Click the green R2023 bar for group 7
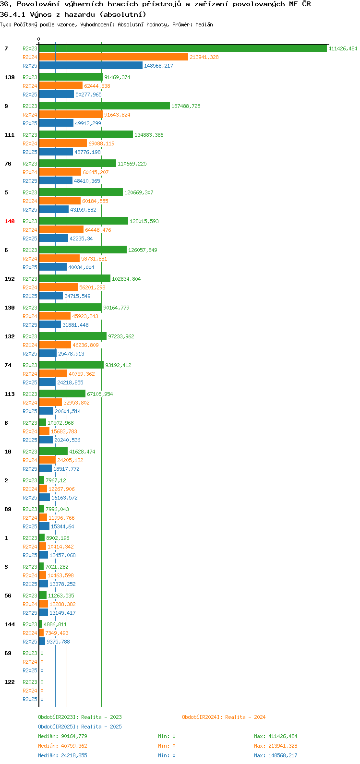tap(183, 48)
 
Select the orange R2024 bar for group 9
tap(71, 115)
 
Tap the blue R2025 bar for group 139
tap(57, 95)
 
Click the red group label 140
tap(10, 221)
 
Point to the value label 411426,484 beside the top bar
tap(343, 48)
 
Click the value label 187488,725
tap(186, 106)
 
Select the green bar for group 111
tap(86, 135)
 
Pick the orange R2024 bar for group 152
tap(59, 287)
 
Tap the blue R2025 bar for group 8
tap(46, 440)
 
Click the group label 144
tap(10, 624)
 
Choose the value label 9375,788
tap(59, 642)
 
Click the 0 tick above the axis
tap(38, 39)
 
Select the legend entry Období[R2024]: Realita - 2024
tap(224, 717)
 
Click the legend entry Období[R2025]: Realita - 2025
tap(80, 727)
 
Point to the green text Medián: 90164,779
tap(62, 736)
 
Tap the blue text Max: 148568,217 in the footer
tap(276, 755)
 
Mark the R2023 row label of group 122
tap(30, 682)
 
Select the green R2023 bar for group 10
tap(54, 451)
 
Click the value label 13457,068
tap(62, 555)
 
